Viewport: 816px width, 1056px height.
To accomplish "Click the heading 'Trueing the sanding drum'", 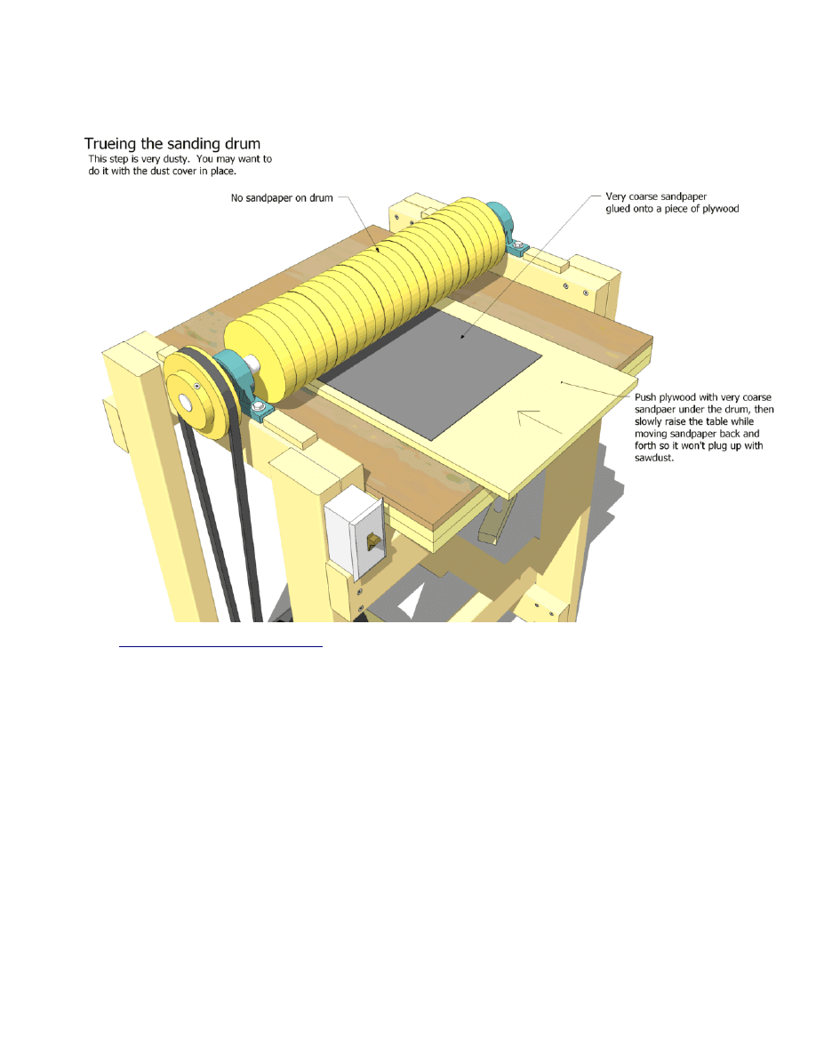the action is pyautogui.click(x=172, y=144).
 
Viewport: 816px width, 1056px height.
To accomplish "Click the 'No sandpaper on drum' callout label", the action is pyautogui.click(x=282, y=198).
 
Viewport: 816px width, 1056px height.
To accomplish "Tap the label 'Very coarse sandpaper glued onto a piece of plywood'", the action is pyautogui.click(x=672, y=203).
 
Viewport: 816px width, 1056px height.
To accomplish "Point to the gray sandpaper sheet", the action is pyautogui.click(x=429, y=372).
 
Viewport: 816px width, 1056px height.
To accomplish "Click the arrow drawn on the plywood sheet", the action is pyautogui.click(x=540, y=421).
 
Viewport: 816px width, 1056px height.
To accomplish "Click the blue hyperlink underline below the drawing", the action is pyautogui.click(x=220, y=646).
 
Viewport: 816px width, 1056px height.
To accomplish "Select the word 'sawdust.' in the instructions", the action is pyautogui.click(x=653, y=458).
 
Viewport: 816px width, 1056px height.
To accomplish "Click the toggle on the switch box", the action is pyautogui.click(x=372, y=540).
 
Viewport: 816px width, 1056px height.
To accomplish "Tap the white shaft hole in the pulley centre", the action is pyautogui.click(x=185, y=403).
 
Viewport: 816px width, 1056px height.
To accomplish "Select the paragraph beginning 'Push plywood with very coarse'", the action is pyautogui.click(x=704, y=428).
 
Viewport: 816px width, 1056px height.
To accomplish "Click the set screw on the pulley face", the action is pyautogui.click(x=196, y=387).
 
